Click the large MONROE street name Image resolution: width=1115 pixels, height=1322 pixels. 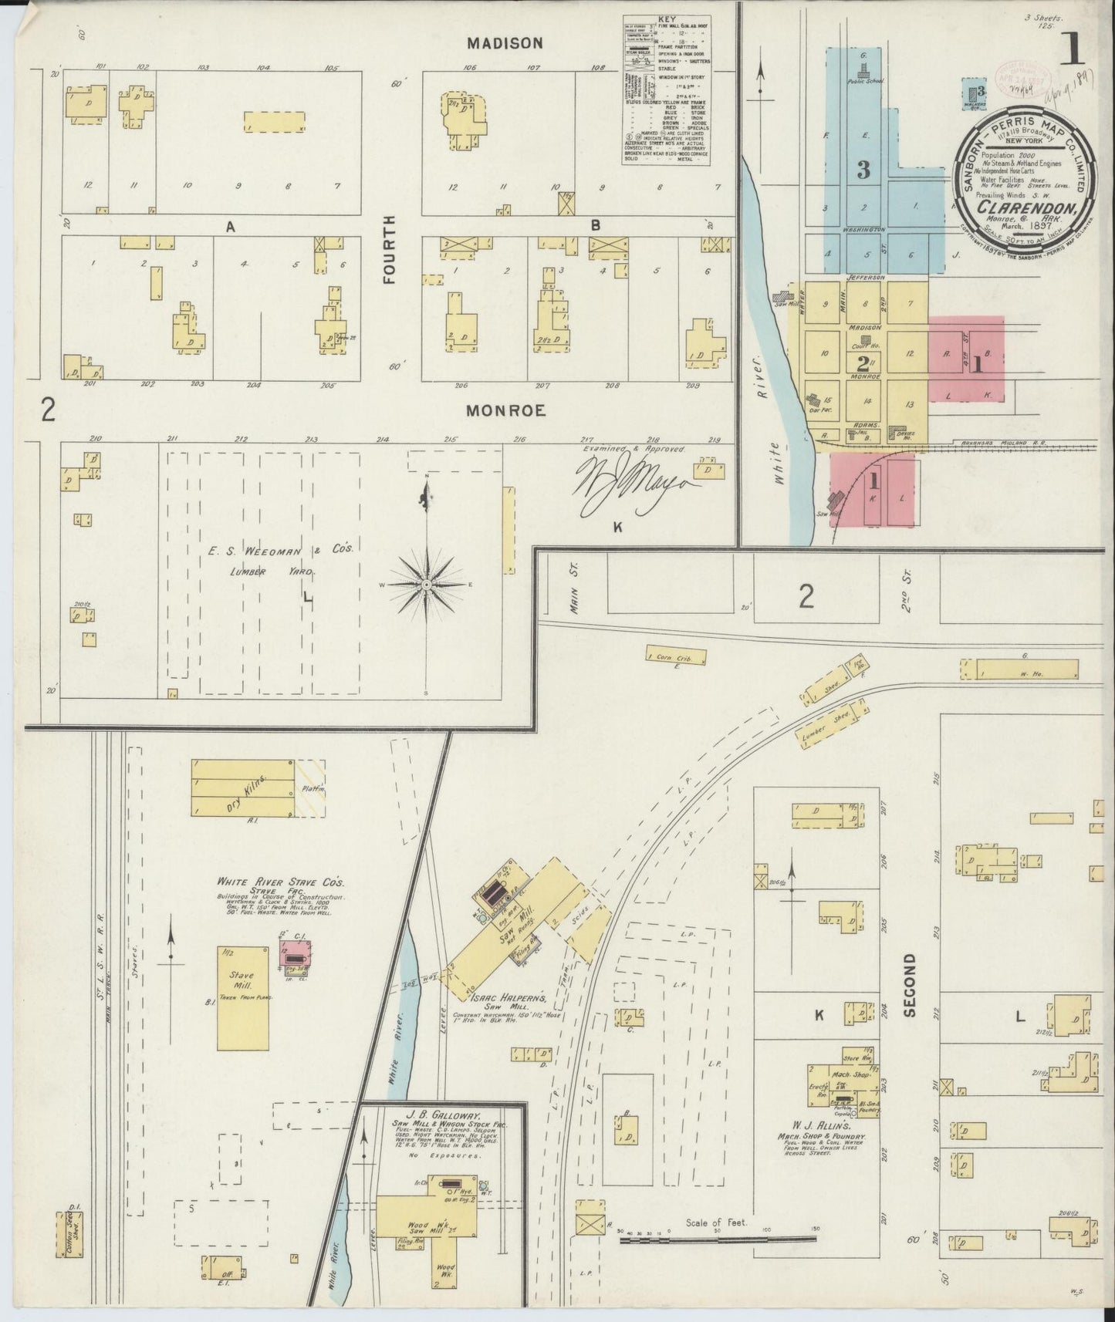(505, 411)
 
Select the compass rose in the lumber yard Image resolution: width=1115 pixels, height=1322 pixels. (427, 585)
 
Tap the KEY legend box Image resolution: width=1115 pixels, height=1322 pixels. (667, 89)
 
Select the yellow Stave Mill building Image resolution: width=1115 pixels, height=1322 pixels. (243, 997)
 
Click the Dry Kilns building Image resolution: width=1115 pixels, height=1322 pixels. (243, 787)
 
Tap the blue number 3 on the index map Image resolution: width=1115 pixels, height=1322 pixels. (863, 170)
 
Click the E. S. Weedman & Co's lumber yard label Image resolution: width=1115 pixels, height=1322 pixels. (279, 549)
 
